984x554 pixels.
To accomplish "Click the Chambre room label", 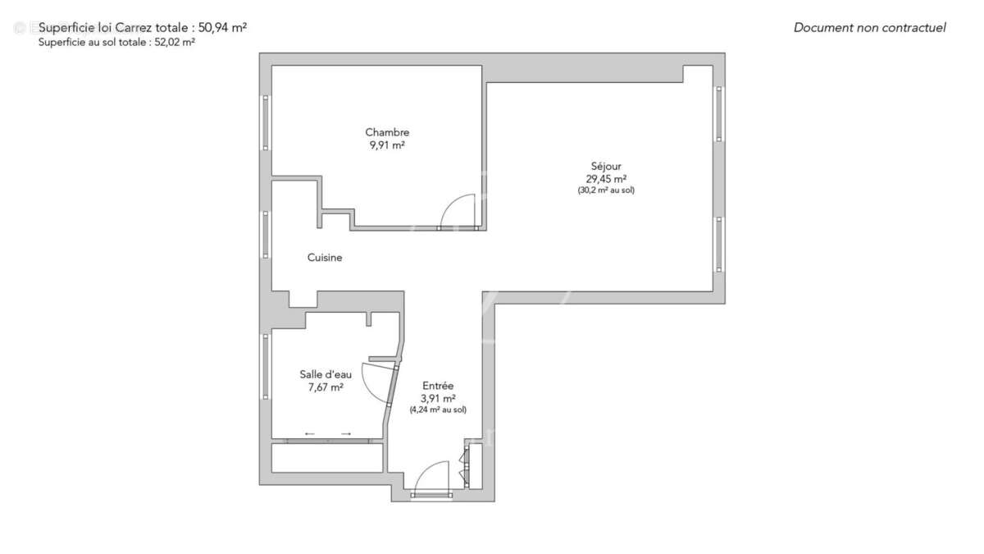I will pos(387,132).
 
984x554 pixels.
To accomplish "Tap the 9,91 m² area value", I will pos(387,145).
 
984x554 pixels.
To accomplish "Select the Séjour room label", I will pos(606,167).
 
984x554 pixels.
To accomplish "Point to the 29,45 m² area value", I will pos(606,179).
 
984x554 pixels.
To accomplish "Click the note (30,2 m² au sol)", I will pos(606,190).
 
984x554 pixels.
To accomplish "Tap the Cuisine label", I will pos(325,258).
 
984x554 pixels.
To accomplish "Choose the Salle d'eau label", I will pos(326,375).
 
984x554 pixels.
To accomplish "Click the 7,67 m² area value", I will pos(326,388).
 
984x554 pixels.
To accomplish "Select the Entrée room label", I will pos(438,386).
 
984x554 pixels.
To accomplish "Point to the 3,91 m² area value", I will pos(438,399).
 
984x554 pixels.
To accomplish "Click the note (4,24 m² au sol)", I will pos(438,410).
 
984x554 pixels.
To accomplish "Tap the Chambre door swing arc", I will pos(458,209).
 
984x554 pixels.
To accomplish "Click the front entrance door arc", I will pos(430,477).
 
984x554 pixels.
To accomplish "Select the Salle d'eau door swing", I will pos(379,382).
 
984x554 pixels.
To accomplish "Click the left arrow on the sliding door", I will pos(309,433).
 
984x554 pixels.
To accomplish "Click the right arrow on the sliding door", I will pos(346,433).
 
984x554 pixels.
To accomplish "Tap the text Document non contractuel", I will pos(869,28).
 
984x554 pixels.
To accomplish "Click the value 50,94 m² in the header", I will pos(222,27).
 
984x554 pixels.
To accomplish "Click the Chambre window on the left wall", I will pos(266,122).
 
